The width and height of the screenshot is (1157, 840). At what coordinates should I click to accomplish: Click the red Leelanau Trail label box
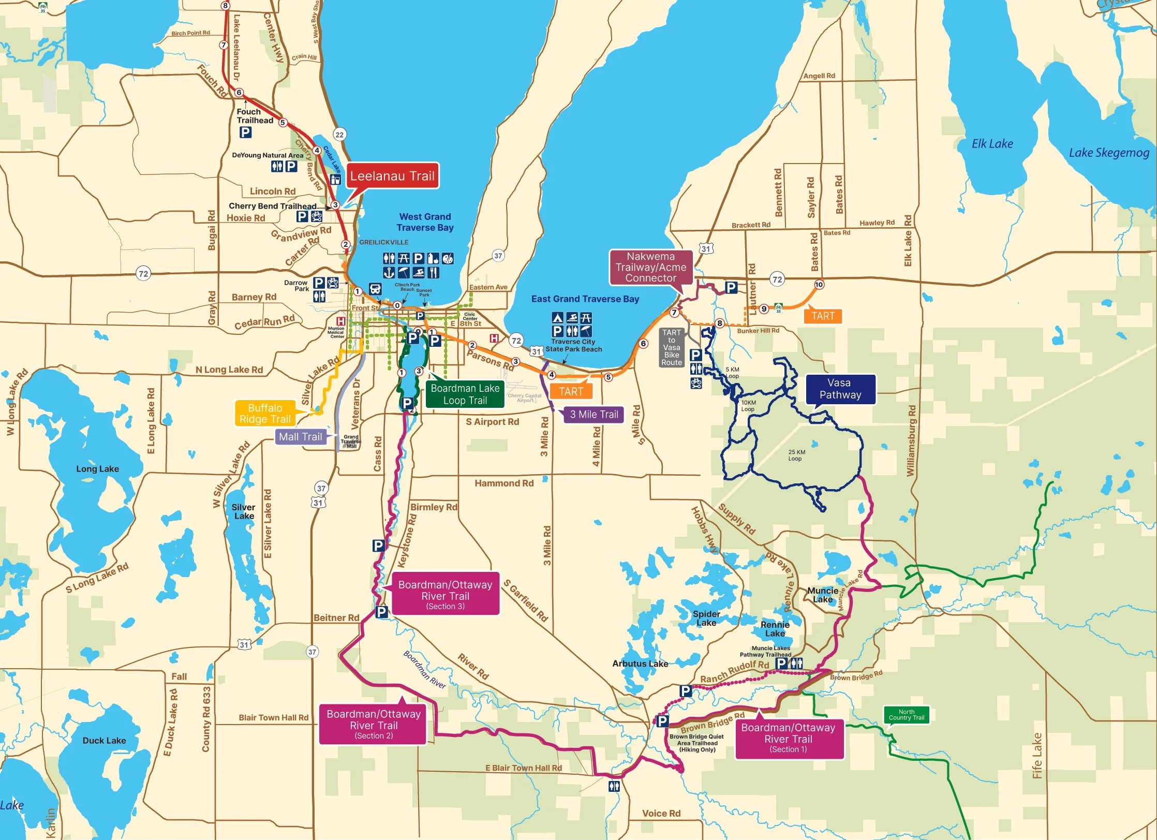392,176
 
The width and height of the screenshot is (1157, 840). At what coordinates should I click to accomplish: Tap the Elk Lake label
992,144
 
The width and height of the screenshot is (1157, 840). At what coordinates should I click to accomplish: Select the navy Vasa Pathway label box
840,389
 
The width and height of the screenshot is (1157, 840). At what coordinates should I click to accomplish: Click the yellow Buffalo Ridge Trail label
265,414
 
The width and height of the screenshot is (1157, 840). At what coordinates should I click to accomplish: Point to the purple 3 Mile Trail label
594,415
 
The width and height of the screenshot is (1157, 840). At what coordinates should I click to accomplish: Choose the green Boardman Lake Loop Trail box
465,394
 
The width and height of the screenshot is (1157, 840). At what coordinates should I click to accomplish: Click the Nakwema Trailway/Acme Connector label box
650,267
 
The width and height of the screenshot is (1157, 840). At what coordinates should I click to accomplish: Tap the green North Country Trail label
906,715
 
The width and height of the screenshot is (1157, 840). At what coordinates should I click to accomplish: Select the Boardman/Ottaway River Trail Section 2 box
374,724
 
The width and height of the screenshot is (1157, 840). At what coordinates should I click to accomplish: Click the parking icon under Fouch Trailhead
245,132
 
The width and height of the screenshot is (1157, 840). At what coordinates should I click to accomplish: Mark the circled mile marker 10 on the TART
819,285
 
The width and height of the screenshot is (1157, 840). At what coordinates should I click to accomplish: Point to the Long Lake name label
97,469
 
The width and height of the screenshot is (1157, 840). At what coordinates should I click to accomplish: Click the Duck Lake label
104,741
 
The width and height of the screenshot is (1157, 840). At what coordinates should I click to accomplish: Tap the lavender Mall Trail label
300,437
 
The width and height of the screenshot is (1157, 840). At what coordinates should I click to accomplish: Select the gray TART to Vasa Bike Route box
671,347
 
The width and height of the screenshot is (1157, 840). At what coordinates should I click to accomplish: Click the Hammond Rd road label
503,483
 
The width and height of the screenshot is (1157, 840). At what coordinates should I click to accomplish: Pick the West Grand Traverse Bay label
425,222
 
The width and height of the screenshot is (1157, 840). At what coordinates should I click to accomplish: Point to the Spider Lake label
706,618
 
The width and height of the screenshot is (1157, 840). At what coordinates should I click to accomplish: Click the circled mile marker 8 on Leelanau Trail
225,6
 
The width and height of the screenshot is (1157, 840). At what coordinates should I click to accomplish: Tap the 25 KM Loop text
796,455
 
